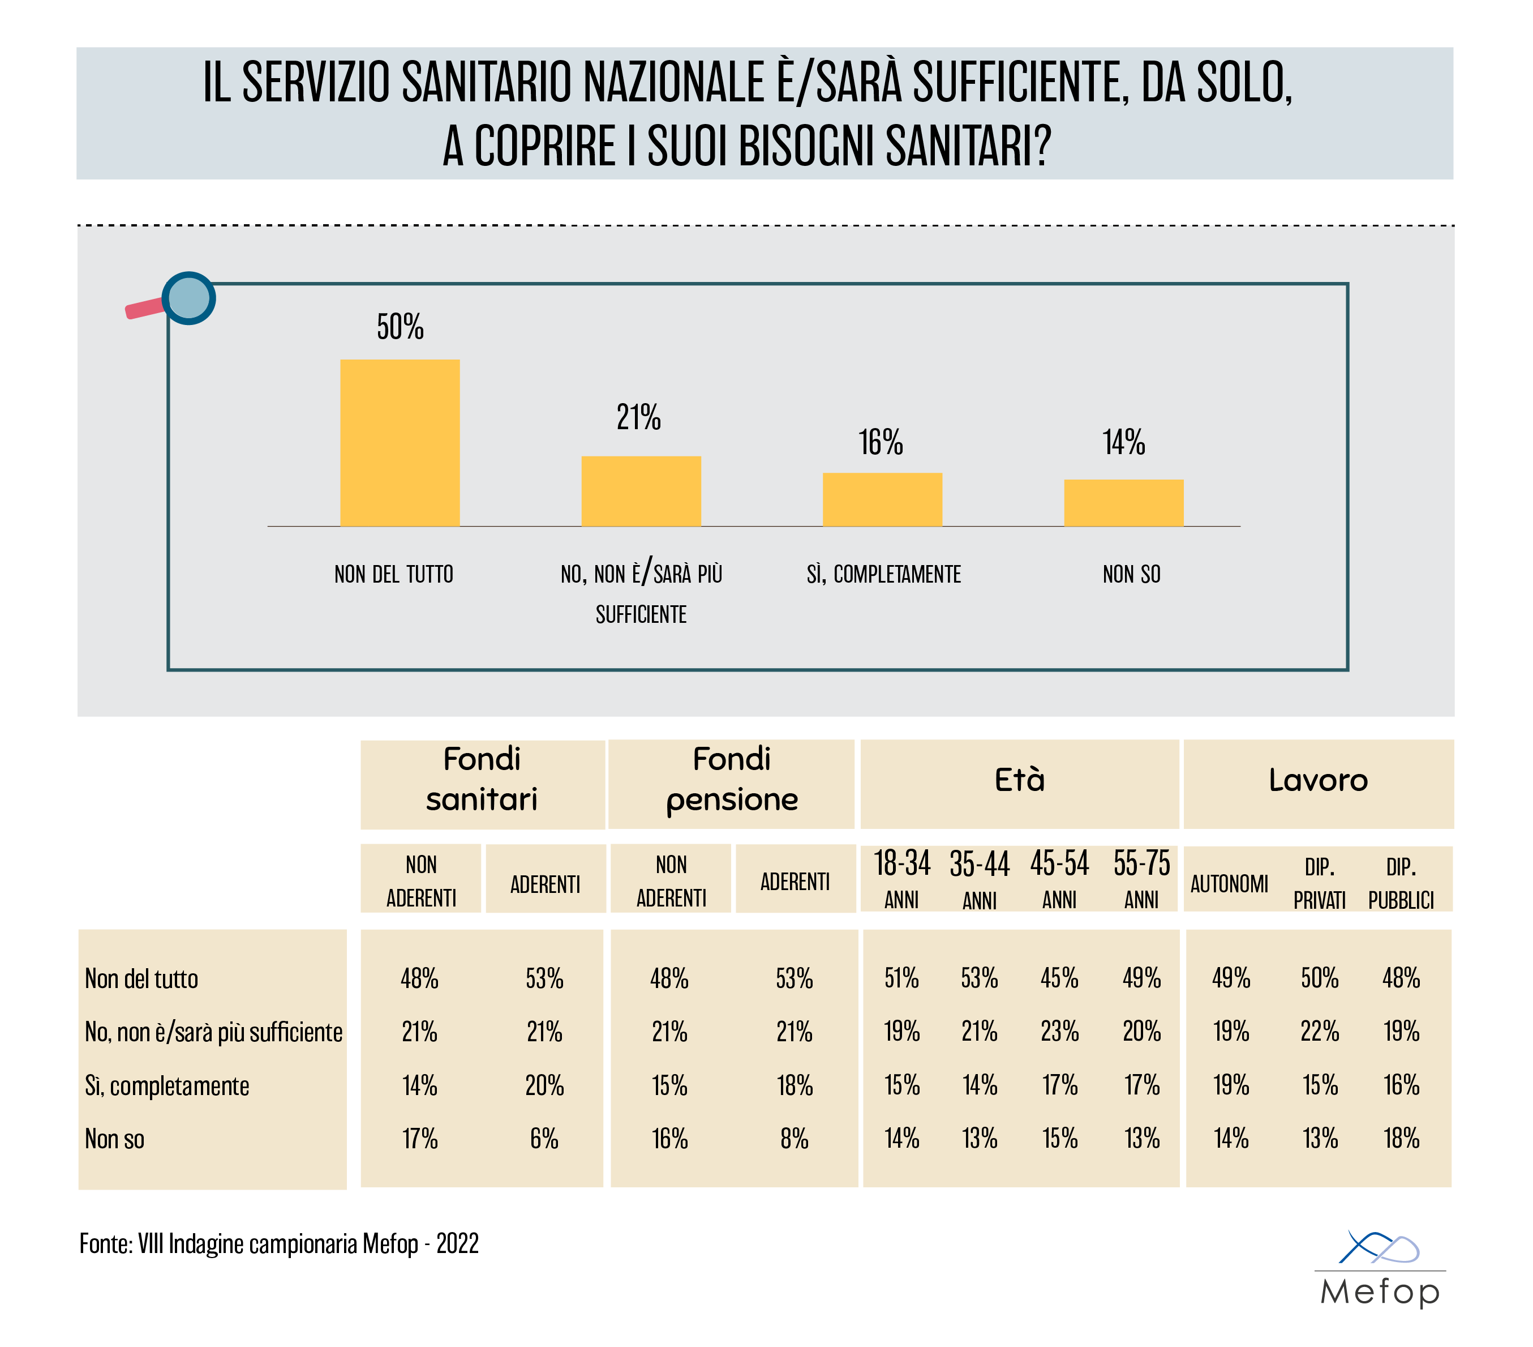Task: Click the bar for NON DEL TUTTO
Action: coord(400,443)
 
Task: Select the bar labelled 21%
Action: coord(641,491)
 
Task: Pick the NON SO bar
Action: coord(1123,503)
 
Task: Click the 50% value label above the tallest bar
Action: coord(400,327)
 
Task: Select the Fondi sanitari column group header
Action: coord(482,780)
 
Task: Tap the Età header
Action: coord(1019,780)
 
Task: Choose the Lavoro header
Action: coord(1318,780)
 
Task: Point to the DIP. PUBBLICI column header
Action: coord(1400,883)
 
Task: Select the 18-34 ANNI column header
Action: coord(901,879)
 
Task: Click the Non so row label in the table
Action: coord(115,1139)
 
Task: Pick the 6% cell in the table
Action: coord(544,1139)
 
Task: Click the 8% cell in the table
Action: coord(795,1139)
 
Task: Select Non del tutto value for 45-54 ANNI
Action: coord(1059,978)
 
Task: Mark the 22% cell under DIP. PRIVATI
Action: coord(1319,1032)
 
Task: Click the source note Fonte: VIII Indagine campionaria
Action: coord(279,1244)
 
